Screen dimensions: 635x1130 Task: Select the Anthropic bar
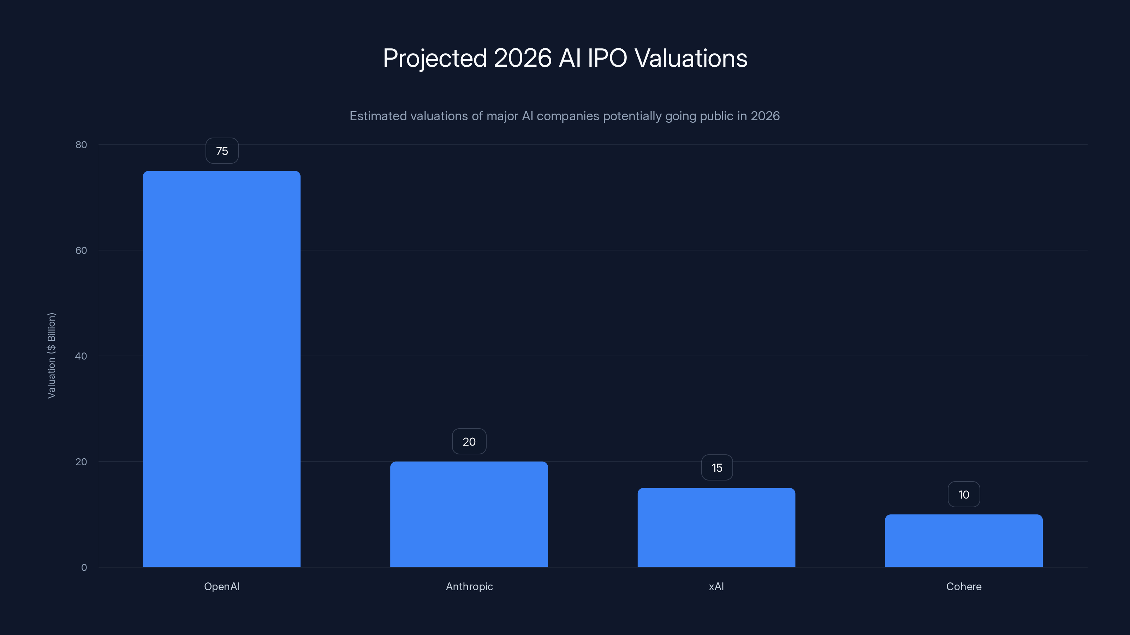[469, 514]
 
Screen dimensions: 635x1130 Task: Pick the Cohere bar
[964, 540]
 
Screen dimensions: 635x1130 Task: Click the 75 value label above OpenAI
[222, 151]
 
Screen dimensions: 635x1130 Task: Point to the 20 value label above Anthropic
[469, 441]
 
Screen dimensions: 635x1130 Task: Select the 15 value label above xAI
[717, 467]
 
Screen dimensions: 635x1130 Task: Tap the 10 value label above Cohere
[964, 494]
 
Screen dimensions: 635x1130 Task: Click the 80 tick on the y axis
[81, 145]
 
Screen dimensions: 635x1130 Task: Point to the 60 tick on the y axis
[81, 250]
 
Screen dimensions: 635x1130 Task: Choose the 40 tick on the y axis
[81, 356]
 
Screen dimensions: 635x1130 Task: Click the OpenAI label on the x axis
[222, 586]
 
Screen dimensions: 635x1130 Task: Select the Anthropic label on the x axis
[469, 586]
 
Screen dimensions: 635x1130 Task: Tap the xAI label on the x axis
[716, 586]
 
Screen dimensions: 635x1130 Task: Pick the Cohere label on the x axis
[964, 586]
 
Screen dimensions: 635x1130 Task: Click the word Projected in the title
[435, 58]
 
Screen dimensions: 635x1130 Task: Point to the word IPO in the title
[607, 58]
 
